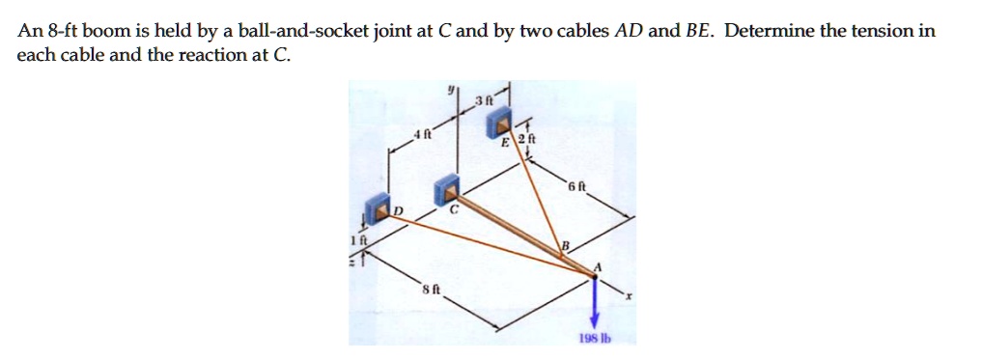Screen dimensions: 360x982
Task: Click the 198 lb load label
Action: [x=594, y=339]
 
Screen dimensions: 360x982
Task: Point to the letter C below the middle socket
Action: [x=450, y=220]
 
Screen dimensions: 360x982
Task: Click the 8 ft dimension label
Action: [x=431, y=289]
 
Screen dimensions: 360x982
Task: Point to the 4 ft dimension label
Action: [x=417, y=135]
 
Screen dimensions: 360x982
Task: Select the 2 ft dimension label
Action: [x=522, y=143]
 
